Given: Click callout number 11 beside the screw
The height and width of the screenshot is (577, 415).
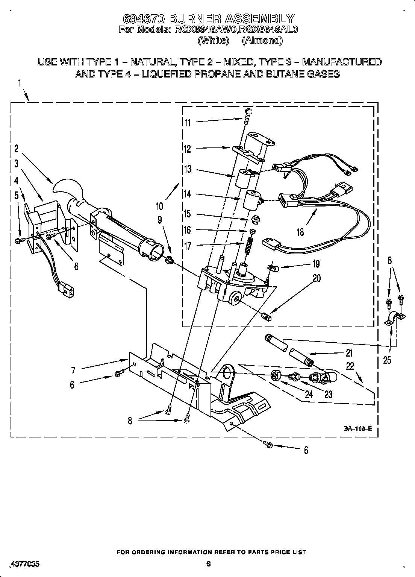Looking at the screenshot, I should (188, 123).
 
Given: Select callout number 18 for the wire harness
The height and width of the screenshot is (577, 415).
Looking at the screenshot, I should (300, 232).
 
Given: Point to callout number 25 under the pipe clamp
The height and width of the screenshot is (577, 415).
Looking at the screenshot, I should (387, 360).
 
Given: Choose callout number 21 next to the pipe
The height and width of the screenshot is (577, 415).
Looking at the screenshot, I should (349, 353).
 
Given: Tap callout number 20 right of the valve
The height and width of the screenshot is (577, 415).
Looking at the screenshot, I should (317, 278).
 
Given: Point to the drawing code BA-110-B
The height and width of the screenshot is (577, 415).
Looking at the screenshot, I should (357, 428).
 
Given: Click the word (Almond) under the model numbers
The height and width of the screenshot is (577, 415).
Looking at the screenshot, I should (262, 40).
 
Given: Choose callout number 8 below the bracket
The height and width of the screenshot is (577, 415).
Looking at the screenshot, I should (130, 420).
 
